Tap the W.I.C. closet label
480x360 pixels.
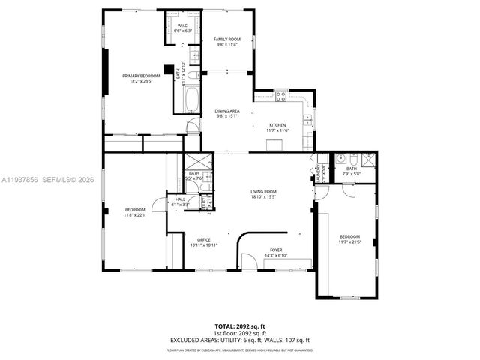183,28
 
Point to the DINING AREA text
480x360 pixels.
226,112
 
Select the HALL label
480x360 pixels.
180,200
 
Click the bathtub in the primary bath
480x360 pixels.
190,98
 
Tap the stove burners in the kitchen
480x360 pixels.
281,95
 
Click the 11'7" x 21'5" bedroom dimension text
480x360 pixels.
349,242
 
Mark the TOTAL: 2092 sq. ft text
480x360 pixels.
240,326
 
